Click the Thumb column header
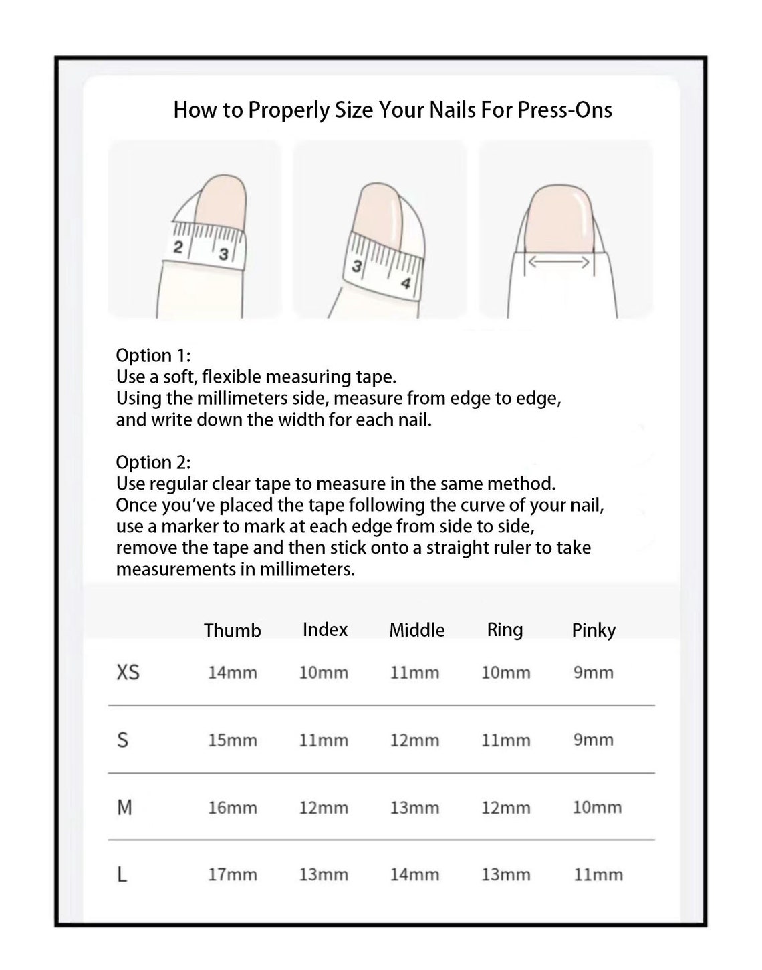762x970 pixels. click(x=232, y=630)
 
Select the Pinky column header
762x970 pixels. click(x=594, y=630)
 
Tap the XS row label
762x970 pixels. click(x=128, y=672)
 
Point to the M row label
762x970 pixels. click(x=124, y=807)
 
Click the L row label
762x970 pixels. click(x=122, y=874)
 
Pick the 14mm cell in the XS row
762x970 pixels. click(x=232, y=673)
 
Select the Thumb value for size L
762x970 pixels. click(x=232, y=874)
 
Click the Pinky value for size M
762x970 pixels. click(x=597, y=807)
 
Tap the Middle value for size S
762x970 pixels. click(x=414, y=740)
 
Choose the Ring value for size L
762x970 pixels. click(x=505, y=874)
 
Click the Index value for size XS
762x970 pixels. click(x=324, y=673)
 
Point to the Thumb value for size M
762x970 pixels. click(x=232, y=808)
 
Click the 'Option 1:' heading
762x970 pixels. click(x=153, y=356)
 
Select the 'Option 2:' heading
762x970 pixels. click(x=153, y=462)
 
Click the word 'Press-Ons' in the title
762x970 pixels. click(x=565, y=110)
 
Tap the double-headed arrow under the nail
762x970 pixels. click(x=559, y=262)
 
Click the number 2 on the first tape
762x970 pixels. click(x=178, y=247)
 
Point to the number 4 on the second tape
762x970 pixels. click(x=406, y=283)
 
